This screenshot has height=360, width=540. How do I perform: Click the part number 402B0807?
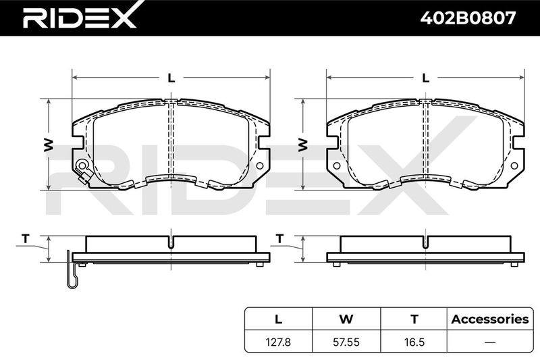tap(468, 18)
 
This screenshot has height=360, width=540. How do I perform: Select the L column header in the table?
tap(278, 319)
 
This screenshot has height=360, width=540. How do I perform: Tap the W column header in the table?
tap(346, 319)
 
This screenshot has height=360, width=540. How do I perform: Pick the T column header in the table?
tap(414, 319)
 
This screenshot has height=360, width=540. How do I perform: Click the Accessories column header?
tap(490, 319)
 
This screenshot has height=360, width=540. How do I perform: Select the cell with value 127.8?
tap(278, 342)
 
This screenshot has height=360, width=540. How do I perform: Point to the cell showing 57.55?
tap(346, 342)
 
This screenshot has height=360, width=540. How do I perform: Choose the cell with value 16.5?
tap(414, 342)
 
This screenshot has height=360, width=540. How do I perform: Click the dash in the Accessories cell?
tap(490, 342)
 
